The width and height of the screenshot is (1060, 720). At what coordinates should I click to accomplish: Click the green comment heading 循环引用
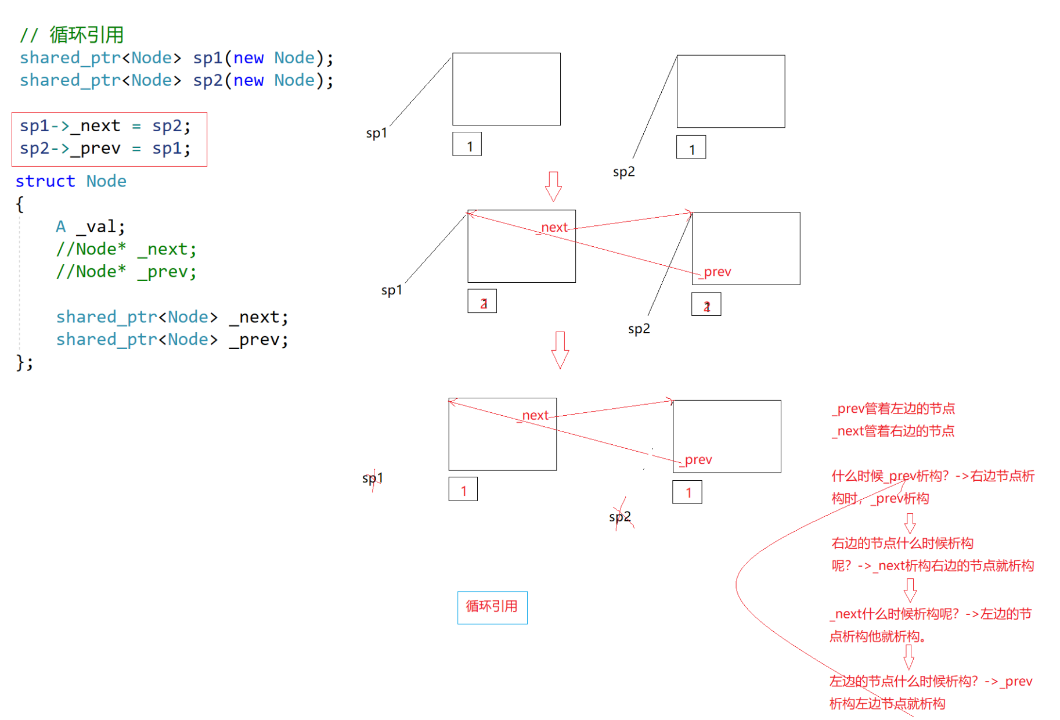click(x=72, y=35)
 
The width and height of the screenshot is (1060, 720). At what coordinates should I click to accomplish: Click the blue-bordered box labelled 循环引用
click(x=492, y=607)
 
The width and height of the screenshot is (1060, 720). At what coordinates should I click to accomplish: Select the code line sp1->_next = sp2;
click(x=105, y=126)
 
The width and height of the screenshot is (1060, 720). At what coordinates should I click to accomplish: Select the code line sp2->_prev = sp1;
click(x=105, y=149)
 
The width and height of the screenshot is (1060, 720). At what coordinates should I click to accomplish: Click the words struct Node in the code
click(x=71, y=181)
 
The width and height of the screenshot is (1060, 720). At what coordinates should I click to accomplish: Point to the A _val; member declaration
click(x=90, y=226)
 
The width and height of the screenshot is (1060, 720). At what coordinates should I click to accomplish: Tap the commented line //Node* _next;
click(x=126, y=249)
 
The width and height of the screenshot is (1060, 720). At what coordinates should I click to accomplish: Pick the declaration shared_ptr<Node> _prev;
click(x=172, y=340)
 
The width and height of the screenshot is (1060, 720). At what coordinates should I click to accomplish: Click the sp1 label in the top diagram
click(x=376, y=133)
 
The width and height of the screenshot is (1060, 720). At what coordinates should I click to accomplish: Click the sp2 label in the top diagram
click(x=623, y=172)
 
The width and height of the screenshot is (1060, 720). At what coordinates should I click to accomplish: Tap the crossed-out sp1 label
click(x=373, y=478)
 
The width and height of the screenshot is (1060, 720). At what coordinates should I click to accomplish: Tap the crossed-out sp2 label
click(x=620, y=517)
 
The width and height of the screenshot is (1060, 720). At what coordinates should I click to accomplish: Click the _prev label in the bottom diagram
click(x=697, y=460)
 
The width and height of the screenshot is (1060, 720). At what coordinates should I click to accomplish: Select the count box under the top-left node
click(x=467, y=144)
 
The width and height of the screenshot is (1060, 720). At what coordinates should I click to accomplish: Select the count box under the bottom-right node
click(x=687, y=492)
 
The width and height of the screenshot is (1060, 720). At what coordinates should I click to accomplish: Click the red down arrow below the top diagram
click(x=553, y=186)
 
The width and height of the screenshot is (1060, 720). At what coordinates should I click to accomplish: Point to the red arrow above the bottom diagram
click(x=560, y=350)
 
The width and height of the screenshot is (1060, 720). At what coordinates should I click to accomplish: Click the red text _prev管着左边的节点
click(x=894, y=409)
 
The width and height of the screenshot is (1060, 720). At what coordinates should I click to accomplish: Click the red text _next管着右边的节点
click(x=894, y=431)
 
